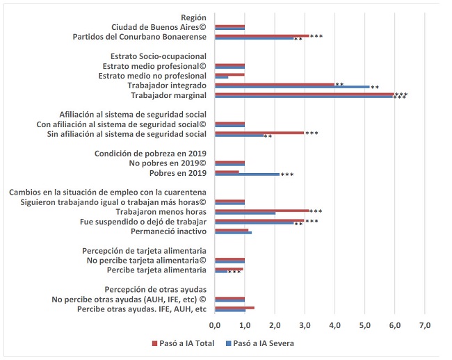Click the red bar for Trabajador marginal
[x=304, y=93]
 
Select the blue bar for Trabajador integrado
[x=292, y=87]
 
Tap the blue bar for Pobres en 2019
[x=247, y=174]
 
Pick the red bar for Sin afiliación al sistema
[x=259, y=132]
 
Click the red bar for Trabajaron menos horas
[x=261, y=211]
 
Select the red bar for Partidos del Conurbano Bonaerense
[x=261, y=35]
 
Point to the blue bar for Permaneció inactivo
[x=233, y=232]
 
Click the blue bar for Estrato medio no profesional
[x=221, y=76]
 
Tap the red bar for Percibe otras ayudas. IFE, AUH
[x=234, y=307]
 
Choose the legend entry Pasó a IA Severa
[x=261, y=343]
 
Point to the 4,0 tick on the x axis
[x=335, y=325]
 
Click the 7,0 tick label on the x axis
[x=426, y=325]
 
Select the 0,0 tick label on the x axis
[x=215, y=325]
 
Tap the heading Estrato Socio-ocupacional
[x=159, y=56]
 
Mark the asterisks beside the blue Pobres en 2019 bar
[x=287, y=175]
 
